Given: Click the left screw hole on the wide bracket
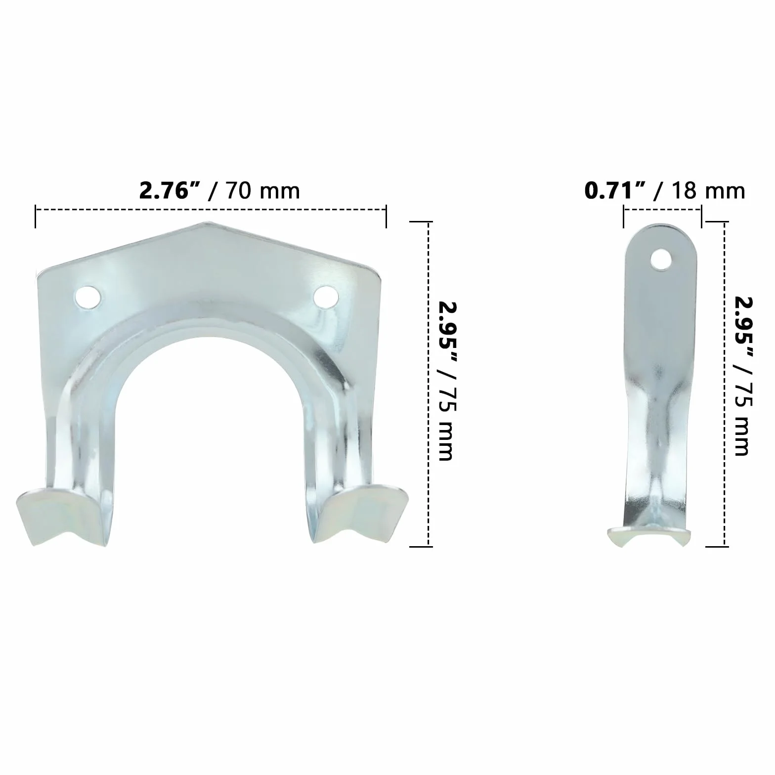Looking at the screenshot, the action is click(x=88, y=297).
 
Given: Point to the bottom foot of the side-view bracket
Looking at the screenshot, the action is click(x=648, y=538).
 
